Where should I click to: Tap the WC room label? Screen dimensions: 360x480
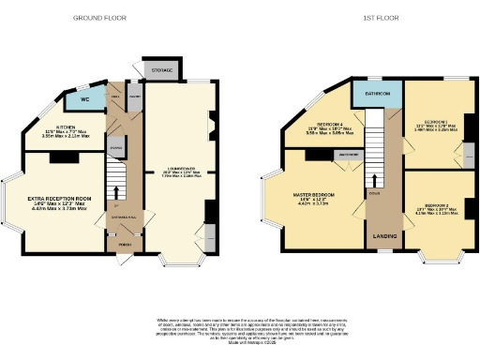tap(84, 97)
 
